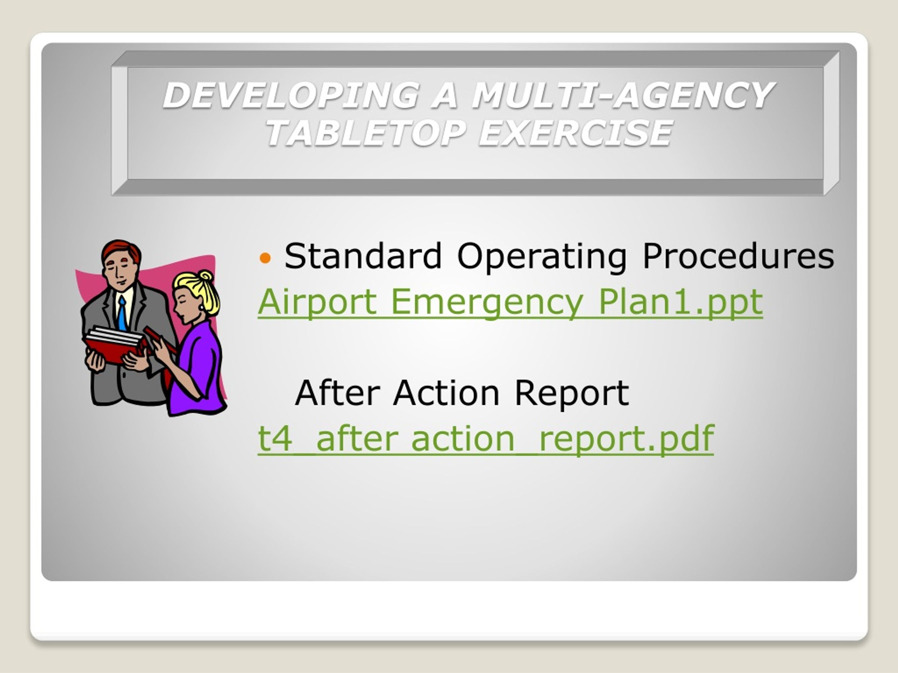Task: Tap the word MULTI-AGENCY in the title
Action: [x=623, y=95]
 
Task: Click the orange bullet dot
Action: [x=265, y=257]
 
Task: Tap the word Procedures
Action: [x=738, y=256]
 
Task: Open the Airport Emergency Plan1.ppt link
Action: [x=510, y=302]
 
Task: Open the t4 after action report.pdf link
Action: [x=486, y=439]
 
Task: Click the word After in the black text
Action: [x=337, y=392]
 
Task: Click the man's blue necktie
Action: [x=122, y=313]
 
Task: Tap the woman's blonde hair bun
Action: [x=206, y=276]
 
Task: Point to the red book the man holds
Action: [x=114, y=345]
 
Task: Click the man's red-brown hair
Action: [x=121, y=250]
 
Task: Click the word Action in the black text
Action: [x=446, y=392]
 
